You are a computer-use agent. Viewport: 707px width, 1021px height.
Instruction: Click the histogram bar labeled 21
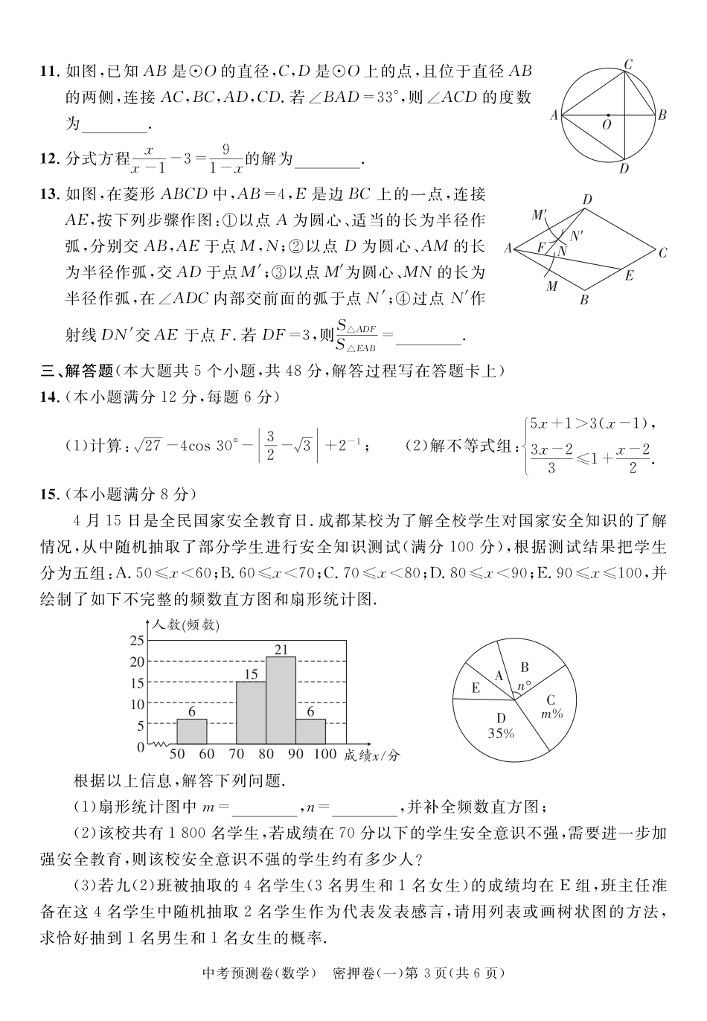[281, 700]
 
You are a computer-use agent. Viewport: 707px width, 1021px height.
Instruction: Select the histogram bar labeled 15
[251, 713]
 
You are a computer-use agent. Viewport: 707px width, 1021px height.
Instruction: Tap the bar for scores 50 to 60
[191, 732]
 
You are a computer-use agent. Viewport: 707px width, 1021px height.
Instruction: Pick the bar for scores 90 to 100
[310, 732]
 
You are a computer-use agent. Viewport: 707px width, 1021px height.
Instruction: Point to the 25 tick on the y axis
[137, 640]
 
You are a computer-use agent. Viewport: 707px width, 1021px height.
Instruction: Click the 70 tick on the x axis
[237, 754]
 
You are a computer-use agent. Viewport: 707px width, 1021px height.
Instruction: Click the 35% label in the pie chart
[501, 733]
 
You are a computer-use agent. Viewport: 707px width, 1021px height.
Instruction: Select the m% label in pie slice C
[551, 713]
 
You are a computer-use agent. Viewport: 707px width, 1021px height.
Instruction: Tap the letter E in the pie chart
[476, 688]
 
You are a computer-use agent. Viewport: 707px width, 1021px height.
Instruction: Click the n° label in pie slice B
[525, 686]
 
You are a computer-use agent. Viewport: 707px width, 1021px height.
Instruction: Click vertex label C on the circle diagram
[628, 65]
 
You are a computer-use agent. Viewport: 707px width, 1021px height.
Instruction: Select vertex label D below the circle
[624, 169]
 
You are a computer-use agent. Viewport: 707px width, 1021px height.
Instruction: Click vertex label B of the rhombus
[584, 300]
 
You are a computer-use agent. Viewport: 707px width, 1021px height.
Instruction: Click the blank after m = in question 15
[269, 806]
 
